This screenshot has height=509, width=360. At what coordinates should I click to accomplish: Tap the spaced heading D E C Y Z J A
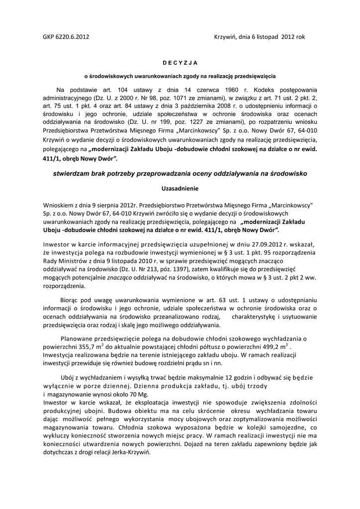tap(180, 63)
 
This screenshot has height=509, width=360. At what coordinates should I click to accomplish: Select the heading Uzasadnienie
tap(180, 189)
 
